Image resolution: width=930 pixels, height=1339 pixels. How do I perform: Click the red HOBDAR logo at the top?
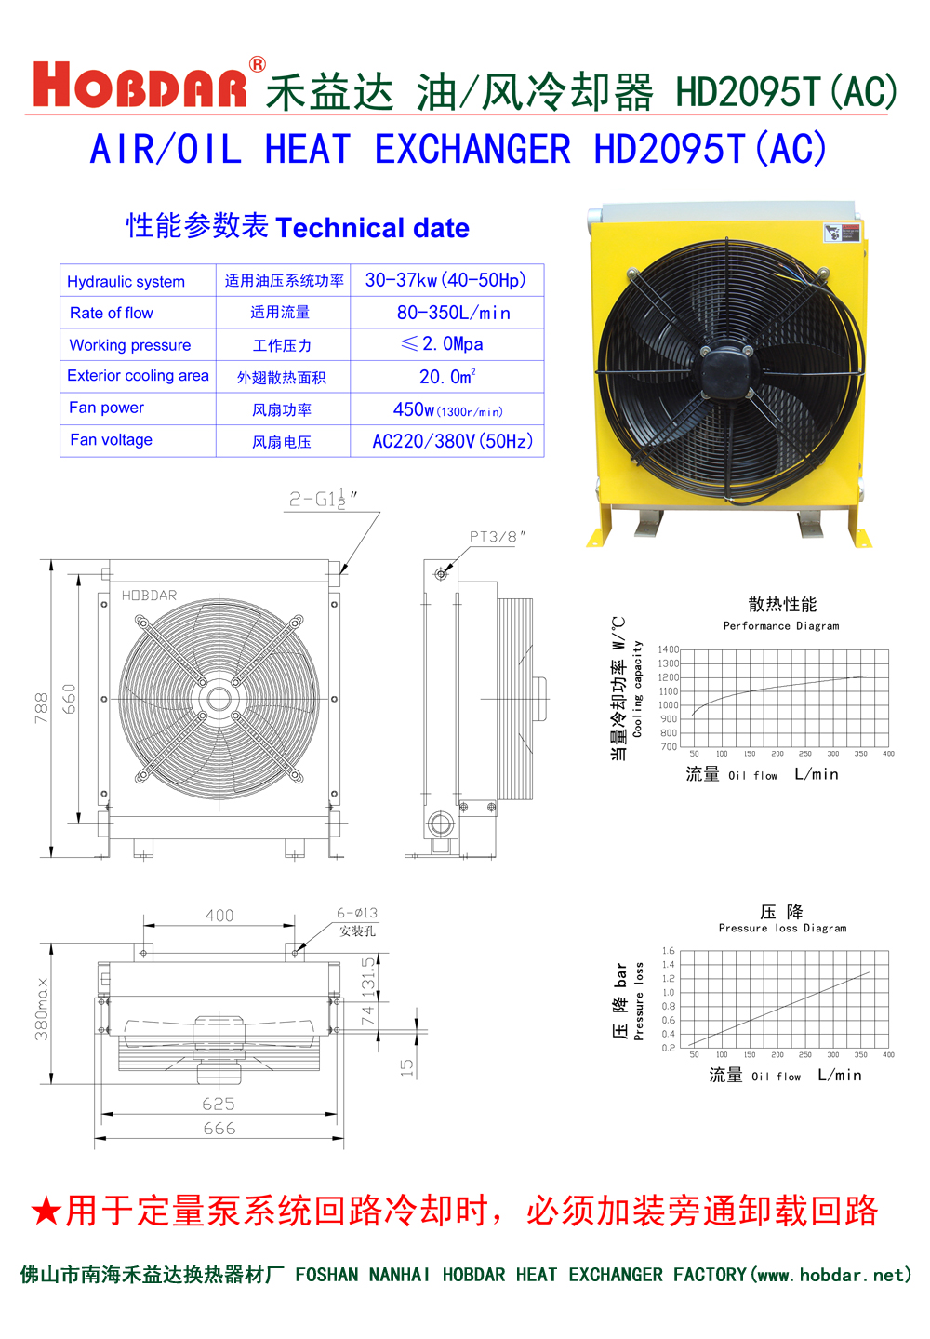click(140, 86)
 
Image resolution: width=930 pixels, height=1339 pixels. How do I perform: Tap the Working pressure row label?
click(130, 345)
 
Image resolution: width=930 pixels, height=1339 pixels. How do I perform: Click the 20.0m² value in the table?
click(447, 377)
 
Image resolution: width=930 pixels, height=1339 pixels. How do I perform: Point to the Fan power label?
click(106, 408)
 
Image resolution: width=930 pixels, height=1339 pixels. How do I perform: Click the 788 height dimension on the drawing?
click(41, 707)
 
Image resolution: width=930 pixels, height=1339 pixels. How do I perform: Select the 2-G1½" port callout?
click(322, 499)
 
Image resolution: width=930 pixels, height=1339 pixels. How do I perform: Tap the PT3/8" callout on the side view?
click(497, 536)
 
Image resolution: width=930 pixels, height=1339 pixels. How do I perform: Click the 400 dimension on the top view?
click(219, 916)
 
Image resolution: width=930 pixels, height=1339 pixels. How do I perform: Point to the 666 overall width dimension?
click(219, 1129)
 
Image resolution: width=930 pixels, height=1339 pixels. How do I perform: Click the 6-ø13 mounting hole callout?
click(357, 913)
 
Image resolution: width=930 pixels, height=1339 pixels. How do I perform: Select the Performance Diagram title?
click(781, 626)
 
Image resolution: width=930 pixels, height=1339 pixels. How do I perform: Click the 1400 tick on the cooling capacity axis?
click(668, 649)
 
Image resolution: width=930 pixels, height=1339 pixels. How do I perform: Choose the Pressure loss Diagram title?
click(782, 928)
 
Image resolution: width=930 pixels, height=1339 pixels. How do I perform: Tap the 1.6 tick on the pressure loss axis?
click(668, 951)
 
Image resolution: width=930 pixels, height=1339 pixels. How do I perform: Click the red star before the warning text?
click(46, 1212)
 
